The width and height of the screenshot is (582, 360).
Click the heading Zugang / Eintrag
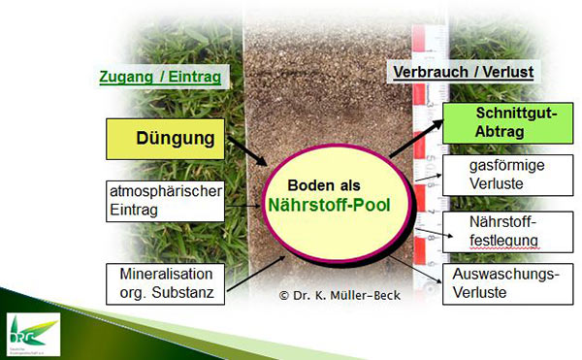click(160, 76)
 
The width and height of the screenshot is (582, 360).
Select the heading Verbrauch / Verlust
click(463, 73)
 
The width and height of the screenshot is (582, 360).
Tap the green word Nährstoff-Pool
click(336, 205)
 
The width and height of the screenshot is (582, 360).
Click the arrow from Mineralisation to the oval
click(255, 265)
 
